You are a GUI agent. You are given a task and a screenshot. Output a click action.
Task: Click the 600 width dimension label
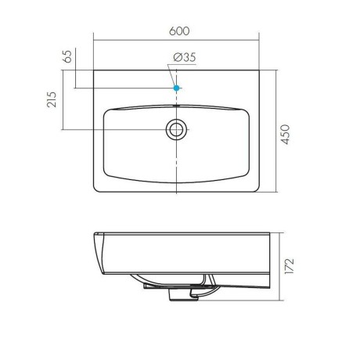tap(179, 31)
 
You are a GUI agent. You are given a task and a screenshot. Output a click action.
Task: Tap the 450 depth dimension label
tap(286, 135)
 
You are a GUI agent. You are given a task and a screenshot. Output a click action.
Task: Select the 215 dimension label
tap(52, 99)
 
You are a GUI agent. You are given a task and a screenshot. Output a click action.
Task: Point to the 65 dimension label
tap(67, 56)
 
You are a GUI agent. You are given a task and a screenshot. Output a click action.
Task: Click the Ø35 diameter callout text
tap(185, 57)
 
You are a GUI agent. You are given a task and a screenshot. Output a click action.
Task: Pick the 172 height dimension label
tap(290, 266)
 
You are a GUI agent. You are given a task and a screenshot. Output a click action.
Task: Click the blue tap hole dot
tap(177, 88)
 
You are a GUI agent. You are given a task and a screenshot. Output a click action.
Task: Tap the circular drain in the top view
tap(177, 129)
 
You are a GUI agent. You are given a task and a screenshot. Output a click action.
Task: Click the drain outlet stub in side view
tap(182, 295)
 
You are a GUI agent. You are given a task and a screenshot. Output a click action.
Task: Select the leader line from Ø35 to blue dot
tap(172, 75)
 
